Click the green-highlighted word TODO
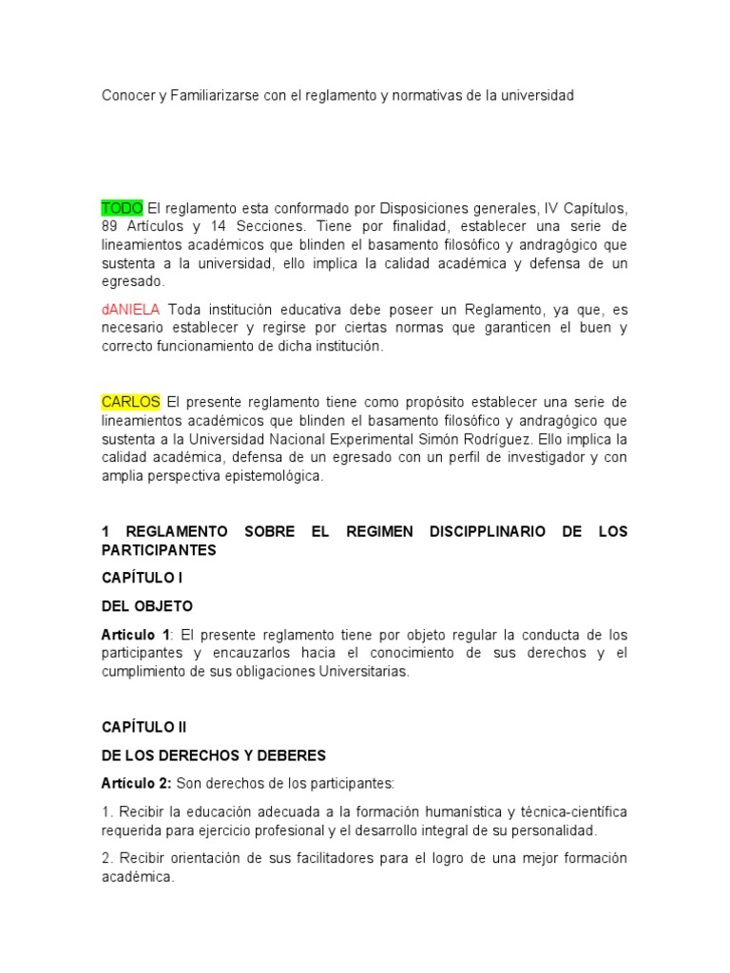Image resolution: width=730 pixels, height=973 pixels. tap(123, 208)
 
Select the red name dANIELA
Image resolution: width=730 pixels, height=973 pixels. tap(131, 310)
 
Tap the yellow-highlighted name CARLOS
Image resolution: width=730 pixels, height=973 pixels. tap(131, 402)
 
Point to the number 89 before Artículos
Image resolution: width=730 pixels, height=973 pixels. tap(111, 227)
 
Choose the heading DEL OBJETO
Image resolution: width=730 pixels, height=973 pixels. tap(147, 606)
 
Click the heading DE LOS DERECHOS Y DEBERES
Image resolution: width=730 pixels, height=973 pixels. tap(214, 755)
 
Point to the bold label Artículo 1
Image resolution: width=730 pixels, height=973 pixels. tap(136, 634)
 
